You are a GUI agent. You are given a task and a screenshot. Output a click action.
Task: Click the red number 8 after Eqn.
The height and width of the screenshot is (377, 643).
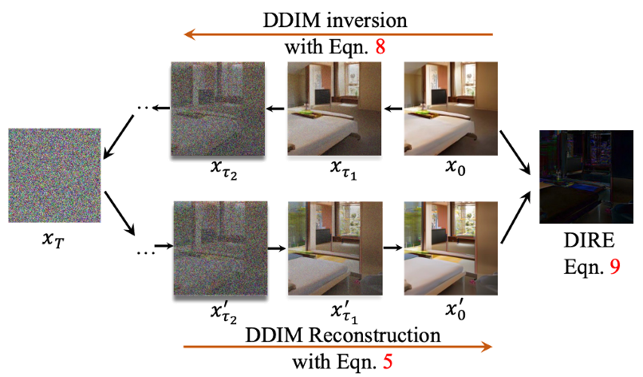[381, 48]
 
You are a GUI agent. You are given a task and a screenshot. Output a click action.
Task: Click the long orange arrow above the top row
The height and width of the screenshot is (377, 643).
[338, 34]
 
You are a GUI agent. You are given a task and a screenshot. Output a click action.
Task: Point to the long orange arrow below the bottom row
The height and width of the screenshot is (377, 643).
[338, 347]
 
